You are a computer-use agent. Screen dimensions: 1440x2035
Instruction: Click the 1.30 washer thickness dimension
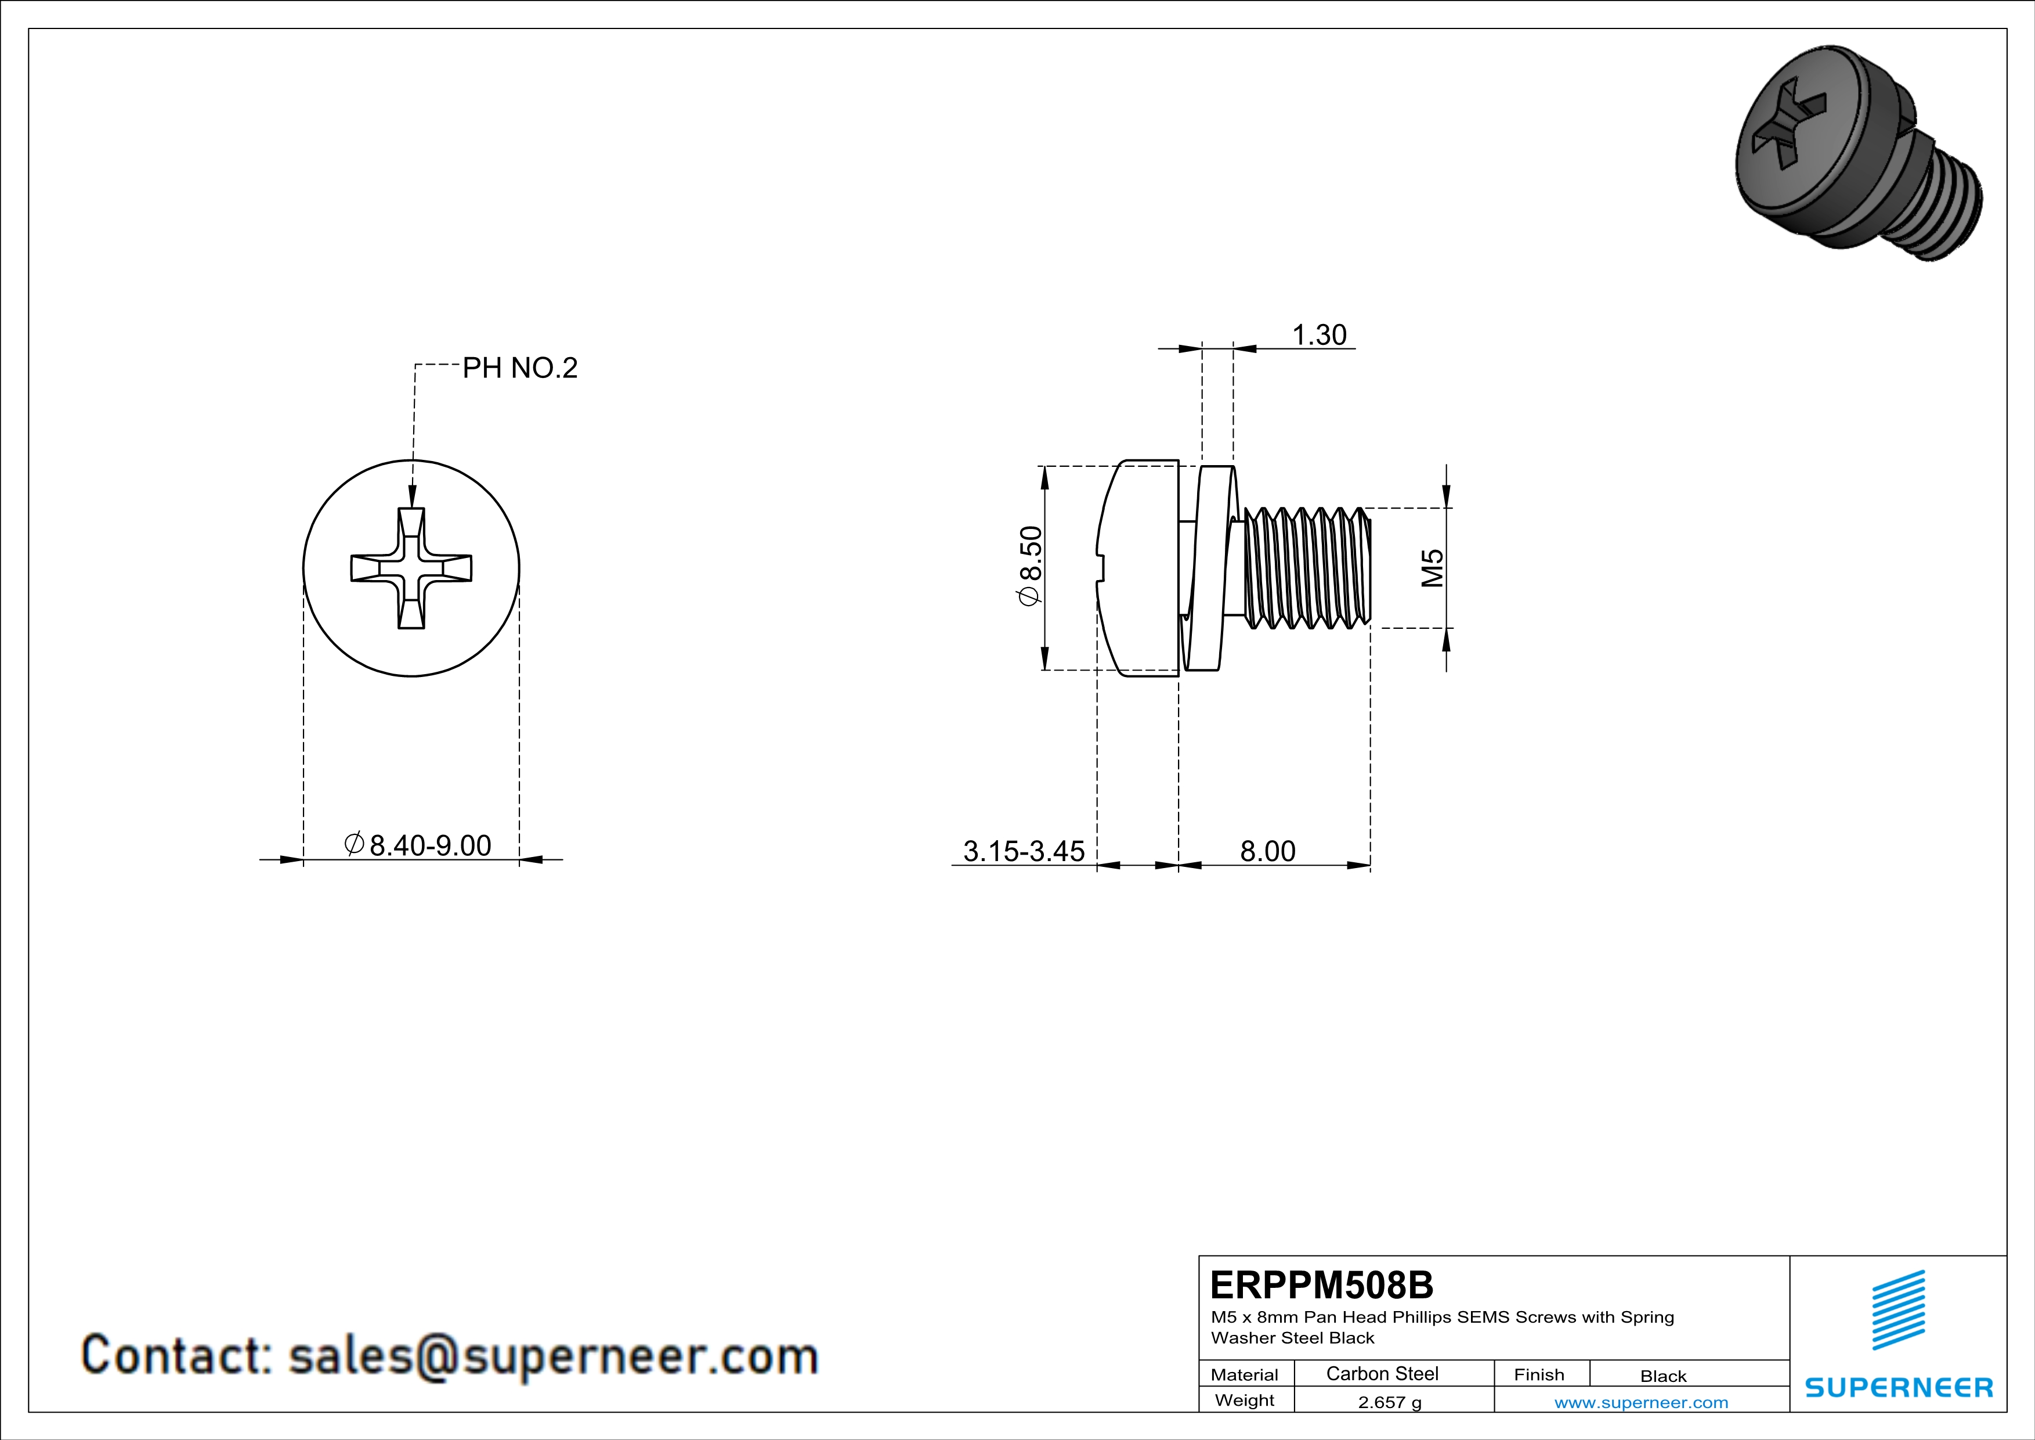[x=1319, y=334]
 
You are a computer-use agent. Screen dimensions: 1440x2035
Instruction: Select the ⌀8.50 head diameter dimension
[x=1031, y=566]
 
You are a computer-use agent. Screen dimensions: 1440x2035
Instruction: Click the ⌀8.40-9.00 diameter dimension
[x=418, y=844]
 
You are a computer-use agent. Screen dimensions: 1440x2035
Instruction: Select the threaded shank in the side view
[x=1307, y=567]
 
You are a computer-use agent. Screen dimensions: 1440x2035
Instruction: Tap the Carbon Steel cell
[x=1382, y=1373]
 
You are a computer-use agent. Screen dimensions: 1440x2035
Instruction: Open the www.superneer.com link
[x=1640, y=1402]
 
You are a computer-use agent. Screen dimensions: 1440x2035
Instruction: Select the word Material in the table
[x=1245, y=1374]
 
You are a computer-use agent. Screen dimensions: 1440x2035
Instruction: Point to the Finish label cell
[x=1539, y=1374]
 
